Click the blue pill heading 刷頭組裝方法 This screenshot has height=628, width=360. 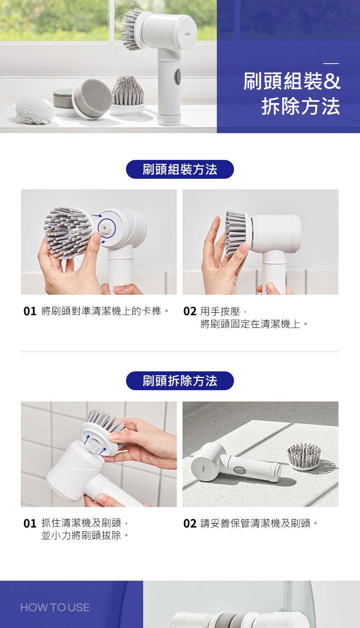coord(180,169)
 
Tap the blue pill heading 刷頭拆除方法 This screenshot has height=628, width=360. coord(180,381)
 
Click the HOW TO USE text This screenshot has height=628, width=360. coord(55,607)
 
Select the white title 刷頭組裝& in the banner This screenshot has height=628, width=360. coord(292,81)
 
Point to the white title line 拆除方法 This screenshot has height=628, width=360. coord(301,106)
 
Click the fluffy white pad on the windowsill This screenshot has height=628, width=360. coord(35,111)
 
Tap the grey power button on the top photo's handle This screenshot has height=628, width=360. coord(177,76)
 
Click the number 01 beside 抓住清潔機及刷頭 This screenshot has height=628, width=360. coord(30,523)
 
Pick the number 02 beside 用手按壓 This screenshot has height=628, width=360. coord(190,311)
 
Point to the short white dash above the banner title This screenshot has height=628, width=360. coord(331,64)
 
